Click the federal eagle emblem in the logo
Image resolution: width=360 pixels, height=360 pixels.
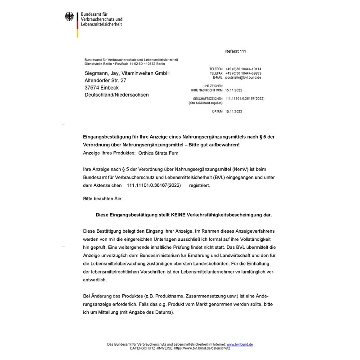pyautogui.click(x=69, y=18)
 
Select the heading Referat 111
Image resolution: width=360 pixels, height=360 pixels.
pyautogui.click(x=235, y=51)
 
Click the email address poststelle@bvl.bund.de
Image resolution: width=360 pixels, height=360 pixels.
pyautogui.click(x=243, y=77)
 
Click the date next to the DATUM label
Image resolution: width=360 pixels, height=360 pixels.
pyautogui.click(x=234, y=111)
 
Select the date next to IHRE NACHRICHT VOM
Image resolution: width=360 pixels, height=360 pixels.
pyautogui.click(x=234, y=90)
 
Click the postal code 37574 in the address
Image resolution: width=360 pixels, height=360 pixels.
pyautogui.click(x=93, y=87)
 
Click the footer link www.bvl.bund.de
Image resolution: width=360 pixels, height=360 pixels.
pyautogui.click(x=239, y=344)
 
